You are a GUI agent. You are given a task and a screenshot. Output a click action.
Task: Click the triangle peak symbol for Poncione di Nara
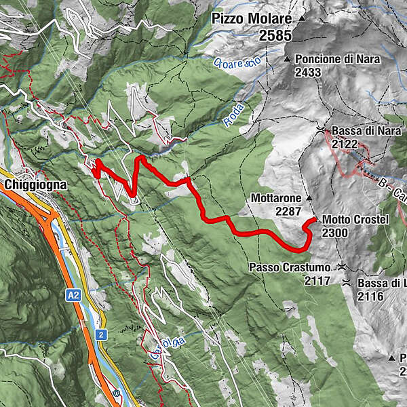(x=288, y=60)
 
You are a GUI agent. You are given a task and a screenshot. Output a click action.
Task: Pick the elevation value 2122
(x=345, y=143)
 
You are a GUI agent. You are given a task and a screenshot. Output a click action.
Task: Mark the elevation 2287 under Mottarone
(x=288, y=212)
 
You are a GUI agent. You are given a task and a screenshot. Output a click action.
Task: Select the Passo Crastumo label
(x=292, y=267)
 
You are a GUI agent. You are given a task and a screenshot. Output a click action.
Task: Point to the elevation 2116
(x=371, y=296)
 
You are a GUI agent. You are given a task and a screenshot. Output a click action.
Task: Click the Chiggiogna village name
(x=34, y=184)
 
